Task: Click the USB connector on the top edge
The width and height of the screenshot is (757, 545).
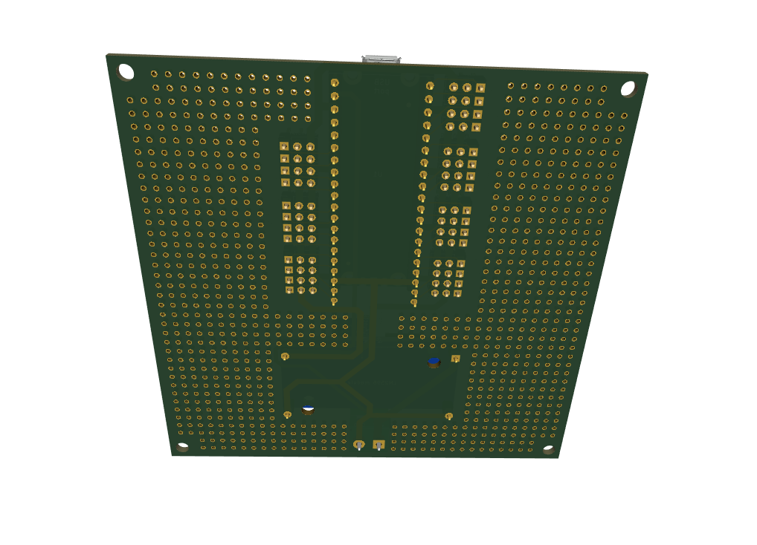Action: [381, 59]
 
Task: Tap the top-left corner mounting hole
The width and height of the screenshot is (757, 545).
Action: [126, 72]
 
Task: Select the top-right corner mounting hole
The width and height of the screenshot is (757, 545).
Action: [628, 88]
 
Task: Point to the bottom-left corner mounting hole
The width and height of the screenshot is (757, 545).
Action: [183, 448]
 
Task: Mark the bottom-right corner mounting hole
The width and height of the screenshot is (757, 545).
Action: [548, 449]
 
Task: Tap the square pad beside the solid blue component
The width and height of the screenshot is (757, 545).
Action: [455, 359]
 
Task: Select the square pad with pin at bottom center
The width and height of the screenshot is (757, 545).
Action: [378, 446]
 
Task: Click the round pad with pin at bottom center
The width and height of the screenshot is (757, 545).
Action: [359, 445]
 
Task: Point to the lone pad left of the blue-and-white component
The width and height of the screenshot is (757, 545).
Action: [288, 414]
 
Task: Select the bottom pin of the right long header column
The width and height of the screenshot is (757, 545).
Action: [414, 303]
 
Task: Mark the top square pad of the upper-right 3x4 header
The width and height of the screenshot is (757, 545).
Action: [480, 88]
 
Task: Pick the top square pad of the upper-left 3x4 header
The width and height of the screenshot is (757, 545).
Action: [284, 146]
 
